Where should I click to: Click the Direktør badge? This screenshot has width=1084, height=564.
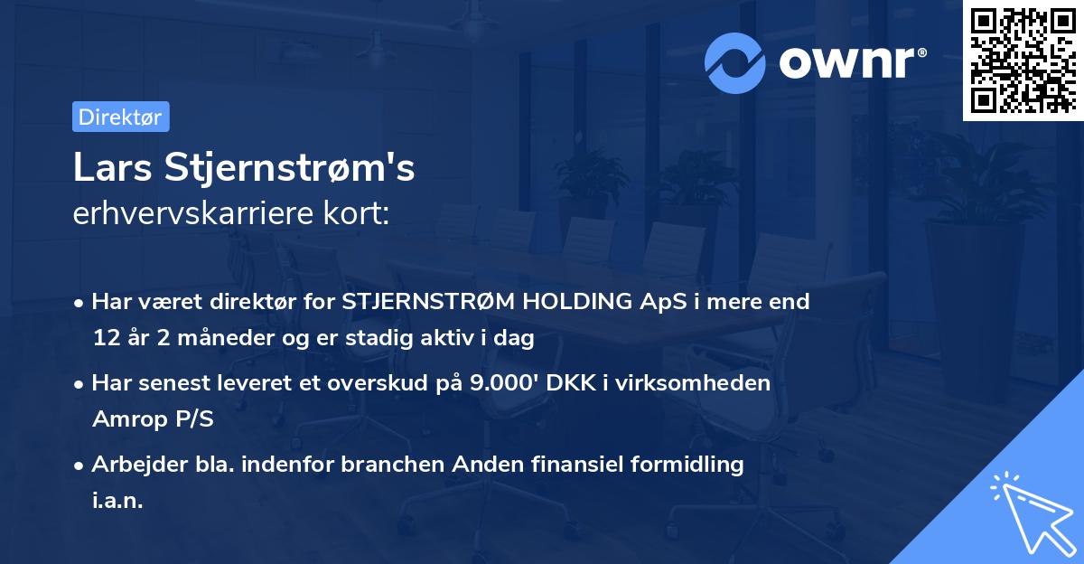point(120,117)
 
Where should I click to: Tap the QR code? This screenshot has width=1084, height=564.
point(1023,60)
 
